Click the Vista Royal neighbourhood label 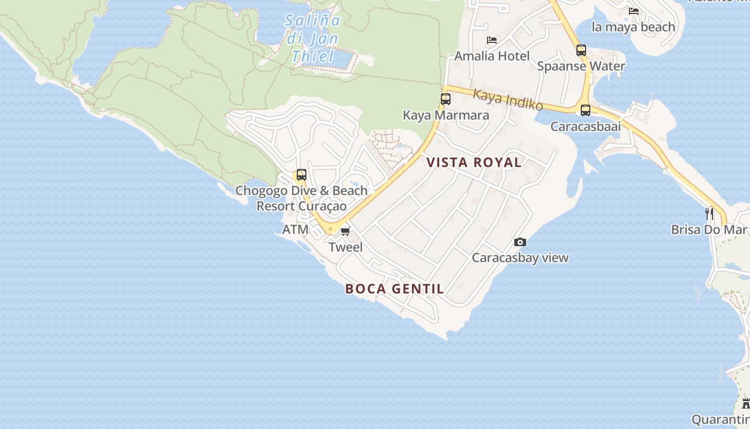click(474, 162)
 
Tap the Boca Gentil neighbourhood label click(394, 289)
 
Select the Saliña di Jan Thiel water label click(312, 38)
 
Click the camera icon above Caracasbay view click(520, 242)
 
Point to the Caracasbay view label click(520, 258)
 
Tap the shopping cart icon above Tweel click(346, 231)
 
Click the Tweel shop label click(346, 247)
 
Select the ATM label click(295, 230)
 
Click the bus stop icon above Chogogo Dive click(302, 175)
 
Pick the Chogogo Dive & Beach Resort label click(302, 198)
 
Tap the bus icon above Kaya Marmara click(446, 99)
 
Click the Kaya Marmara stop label click(446, 115)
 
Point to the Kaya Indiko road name click(508, 99)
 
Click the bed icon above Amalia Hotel click(492, 40)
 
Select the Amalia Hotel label click(492, 56)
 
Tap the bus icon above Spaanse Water click(581, 50)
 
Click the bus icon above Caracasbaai click(586, 110)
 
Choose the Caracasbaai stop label click(586, 127)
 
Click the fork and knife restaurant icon click(709, 213)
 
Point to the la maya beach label click(633, 27)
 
